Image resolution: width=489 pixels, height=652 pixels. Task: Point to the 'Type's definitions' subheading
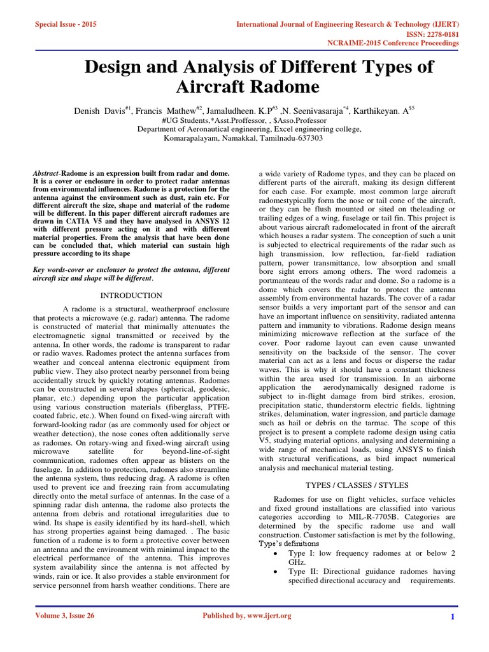(x=288, y=544)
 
